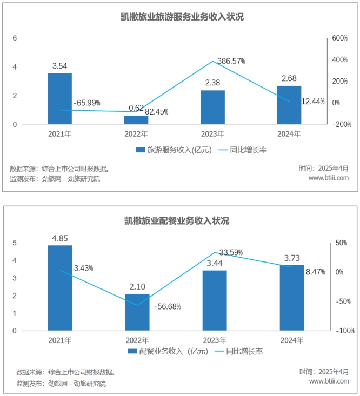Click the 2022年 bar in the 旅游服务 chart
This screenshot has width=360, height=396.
tap(136, 120)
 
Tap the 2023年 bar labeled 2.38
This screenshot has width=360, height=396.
tap(213, 107)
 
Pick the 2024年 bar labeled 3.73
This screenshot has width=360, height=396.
tap(291, 298)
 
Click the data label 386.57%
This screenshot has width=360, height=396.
tap(231, 61)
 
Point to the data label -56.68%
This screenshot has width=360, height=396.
tap(167, 306)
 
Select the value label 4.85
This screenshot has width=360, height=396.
tap(59, 238)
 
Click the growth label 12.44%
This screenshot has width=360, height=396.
tap(313, 101)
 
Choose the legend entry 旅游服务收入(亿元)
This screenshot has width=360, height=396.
tap(172, 150)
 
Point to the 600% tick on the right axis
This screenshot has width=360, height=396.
tap(339, 38)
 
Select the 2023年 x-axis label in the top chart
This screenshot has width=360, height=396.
tap(213, 133)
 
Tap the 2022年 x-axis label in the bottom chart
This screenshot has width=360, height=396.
tap(137, 340)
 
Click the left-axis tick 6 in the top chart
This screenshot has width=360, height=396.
tap(15, 38)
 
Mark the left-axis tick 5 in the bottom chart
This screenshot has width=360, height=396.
tap(15, 243)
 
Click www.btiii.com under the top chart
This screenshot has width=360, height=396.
tap(328, 178)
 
